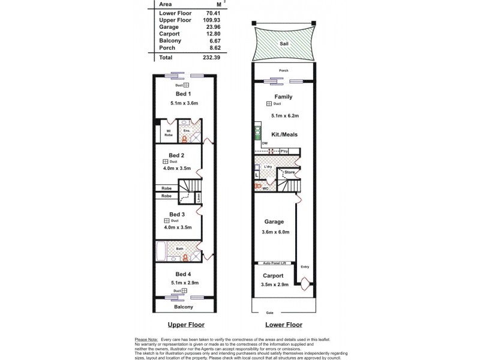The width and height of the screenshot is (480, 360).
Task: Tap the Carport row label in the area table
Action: (x=169, y=35)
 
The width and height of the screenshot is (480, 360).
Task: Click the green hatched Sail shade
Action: (x=283, y=44)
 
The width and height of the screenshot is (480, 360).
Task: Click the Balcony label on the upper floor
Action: (x=184, y=307)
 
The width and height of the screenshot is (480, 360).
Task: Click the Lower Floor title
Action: (x=283, y=325)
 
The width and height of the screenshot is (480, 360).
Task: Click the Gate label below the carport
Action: (x=270, y=313)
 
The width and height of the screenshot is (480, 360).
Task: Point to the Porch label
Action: (x=283, y=71)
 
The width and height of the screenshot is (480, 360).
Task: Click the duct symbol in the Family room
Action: (x=270, y=104)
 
